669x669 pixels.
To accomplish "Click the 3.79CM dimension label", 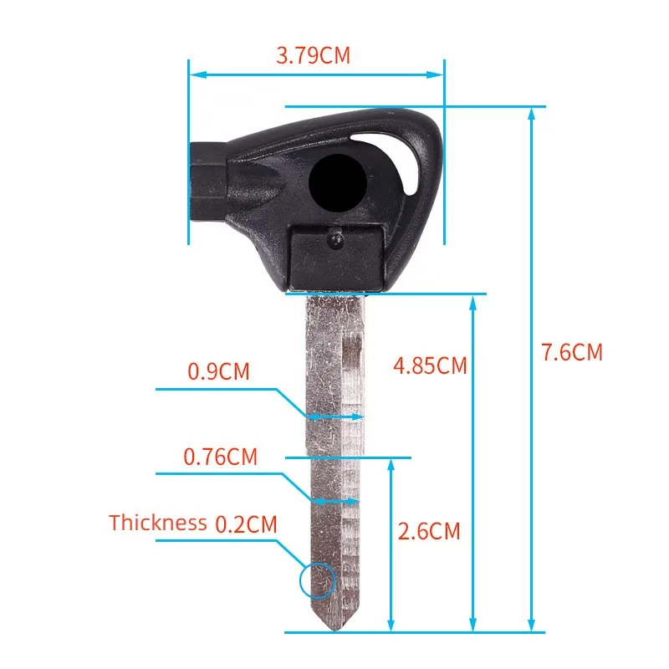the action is tap(313, 55).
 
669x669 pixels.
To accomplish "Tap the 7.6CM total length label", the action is tap(572, 352).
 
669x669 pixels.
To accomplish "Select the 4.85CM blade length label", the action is tap(430, 365).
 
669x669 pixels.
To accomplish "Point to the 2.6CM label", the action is tap(429, 531).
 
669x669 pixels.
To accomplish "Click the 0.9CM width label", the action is tap(218, 371).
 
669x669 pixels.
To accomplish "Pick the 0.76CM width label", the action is tap(221, 457).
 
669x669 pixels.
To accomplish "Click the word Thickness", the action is tap(157, 523).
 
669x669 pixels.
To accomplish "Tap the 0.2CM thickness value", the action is tap(246, 524).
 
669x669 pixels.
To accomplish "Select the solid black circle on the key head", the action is tap(338, 183).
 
